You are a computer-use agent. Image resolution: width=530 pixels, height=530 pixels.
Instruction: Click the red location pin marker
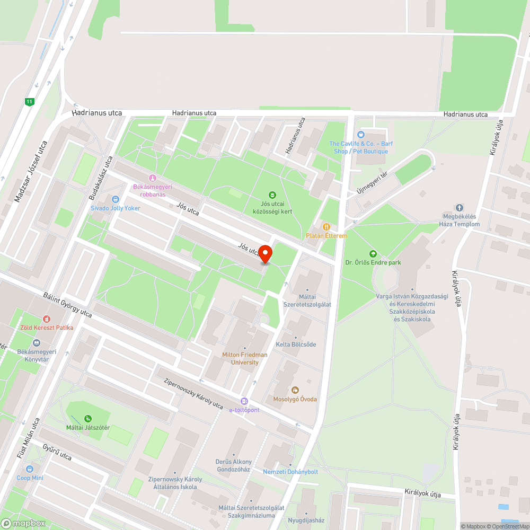265,254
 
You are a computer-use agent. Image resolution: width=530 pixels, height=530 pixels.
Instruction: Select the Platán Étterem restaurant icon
326,227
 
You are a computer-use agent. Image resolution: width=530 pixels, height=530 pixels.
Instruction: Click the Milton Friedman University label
245,358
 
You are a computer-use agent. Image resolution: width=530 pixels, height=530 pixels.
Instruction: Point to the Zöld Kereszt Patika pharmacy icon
47,319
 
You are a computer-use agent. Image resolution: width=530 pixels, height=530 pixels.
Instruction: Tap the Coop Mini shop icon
30,469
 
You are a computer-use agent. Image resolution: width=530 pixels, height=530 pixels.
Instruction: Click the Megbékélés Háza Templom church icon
459,208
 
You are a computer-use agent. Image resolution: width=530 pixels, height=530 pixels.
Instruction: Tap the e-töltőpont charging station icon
244,401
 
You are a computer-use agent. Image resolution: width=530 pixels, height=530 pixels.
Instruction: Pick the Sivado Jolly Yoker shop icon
115,199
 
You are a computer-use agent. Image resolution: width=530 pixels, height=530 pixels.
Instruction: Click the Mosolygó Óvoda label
295,399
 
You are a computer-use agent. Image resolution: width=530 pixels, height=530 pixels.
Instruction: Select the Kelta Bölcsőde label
296,344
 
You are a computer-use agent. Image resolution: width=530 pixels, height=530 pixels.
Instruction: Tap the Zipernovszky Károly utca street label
193,393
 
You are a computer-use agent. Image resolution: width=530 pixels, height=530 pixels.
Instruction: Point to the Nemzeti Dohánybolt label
290,472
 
